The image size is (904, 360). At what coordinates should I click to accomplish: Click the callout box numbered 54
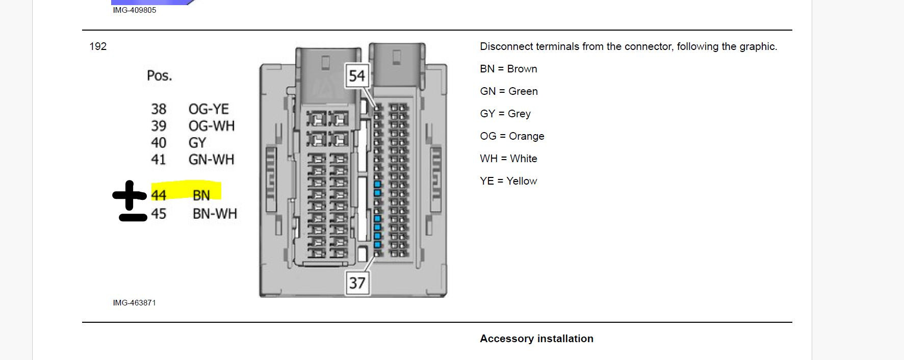tap(357, 76)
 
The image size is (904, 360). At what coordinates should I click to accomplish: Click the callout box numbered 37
tap(357, 282)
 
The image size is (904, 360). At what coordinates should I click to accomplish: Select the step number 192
tap(98, 46)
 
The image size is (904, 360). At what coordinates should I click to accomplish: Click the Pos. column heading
tap(160, 75)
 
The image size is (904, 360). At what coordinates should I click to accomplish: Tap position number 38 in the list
tap(159, 109)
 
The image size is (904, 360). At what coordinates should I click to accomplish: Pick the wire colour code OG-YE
tap(209, 109)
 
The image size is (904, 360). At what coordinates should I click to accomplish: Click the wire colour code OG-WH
tap(212, 126)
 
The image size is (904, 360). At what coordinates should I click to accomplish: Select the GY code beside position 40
tap(197, 143)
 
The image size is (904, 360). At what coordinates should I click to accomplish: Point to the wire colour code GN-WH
tap(212, 160)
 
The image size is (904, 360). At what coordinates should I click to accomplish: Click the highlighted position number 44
tap(159, 195)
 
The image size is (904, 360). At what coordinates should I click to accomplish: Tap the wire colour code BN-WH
tap(215, 214)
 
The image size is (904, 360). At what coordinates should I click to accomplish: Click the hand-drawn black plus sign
tap(130, 195)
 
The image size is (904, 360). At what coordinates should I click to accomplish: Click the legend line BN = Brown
tap(508, 69)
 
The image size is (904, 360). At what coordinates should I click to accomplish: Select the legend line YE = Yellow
tap(508, 181)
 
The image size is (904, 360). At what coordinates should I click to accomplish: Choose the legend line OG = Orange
tap(512, 136)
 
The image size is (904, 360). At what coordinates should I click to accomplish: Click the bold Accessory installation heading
tap(536, 339)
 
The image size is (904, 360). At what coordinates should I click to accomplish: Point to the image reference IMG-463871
tap(135, 303)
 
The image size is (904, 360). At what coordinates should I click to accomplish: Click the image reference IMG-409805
tap(135, 10)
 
